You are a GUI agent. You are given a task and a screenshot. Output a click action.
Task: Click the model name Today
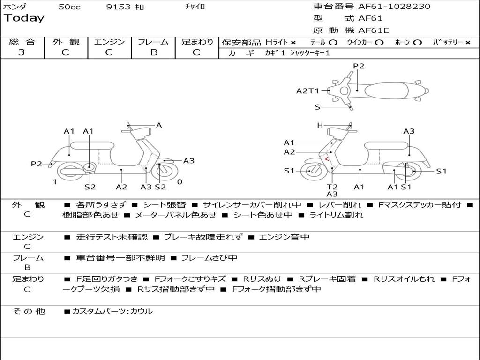(24, 18)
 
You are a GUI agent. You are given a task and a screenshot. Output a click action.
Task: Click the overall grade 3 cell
(22, 52)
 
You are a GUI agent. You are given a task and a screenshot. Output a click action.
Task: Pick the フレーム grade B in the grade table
(154, 52)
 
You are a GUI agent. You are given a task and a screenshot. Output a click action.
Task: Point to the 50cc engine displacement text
(68, 7)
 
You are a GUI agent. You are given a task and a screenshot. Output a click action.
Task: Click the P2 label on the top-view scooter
(359, 66)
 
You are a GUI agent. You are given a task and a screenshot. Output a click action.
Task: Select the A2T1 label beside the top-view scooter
(307, 91)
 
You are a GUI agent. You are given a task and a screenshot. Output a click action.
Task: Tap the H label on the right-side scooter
(320, 125)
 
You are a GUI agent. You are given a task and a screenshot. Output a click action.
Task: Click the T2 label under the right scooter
(332, 187)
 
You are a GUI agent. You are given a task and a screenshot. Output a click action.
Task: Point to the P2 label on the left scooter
(37, 164)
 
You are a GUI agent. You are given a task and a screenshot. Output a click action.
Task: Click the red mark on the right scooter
(326, 159)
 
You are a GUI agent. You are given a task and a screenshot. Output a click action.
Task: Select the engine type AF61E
(374, 30)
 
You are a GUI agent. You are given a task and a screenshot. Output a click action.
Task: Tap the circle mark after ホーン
(417, 42)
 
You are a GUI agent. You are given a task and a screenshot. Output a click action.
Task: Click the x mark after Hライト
(293, 42)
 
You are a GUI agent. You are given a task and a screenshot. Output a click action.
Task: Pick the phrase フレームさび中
(209, 258)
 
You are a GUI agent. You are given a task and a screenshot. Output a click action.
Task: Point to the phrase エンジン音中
(284, 237)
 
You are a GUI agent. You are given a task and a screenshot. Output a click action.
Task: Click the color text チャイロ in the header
(195, 7)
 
